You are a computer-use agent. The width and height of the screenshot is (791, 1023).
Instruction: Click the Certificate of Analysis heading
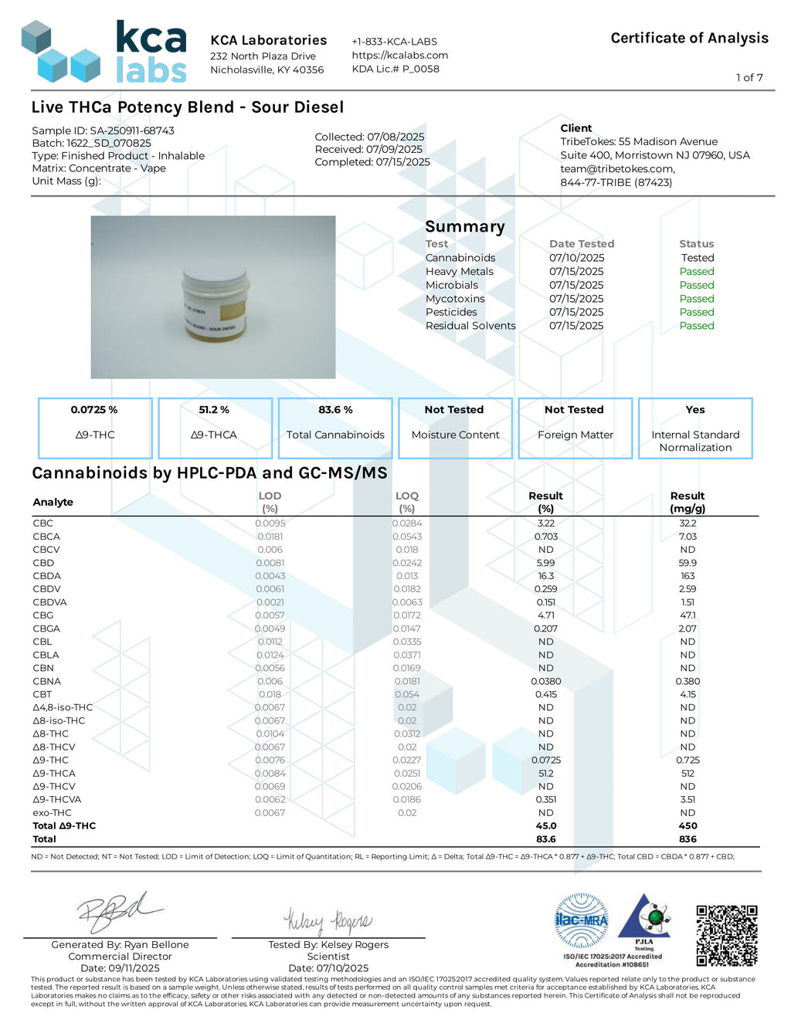point(689,38)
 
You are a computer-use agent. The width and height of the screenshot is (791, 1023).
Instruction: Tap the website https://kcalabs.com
point(399,55)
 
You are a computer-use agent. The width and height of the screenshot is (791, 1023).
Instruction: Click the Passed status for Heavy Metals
point(696,271)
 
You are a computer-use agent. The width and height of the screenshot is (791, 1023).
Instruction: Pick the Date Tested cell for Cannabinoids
point(576,258)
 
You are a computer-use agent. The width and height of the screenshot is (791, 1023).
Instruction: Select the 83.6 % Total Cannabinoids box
point(335,428)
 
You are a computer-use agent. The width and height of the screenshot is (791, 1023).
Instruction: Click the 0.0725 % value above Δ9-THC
point(94,410)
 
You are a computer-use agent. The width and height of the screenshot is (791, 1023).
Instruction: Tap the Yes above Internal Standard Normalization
point(694,410)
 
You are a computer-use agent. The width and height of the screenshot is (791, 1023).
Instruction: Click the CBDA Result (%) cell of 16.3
point(545,576)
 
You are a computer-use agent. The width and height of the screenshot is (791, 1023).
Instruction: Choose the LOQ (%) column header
point(406,502)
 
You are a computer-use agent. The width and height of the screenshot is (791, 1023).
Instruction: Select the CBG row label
point(43,615)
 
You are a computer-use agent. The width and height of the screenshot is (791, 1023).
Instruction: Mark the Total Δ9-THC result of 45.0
point(545,825)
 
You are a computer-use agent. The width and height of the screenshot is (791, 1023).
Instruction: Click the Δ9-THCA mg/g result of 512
point(687,773)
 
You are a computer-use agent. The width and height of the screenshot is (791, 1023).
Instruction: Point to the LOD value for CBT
point(270,694)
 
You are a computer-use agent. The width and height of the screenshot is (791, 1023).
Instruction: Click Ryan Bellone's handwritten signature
point(120,913)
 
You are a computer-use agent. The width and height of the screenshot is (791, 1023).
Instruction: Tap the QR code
point(726,935)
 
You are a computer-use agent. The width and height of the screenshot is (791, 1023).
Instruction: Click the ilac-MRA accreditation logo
point(582,920)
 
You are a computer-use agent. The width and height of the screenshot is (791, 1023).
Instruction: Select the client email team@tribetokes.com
point(617,168)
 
